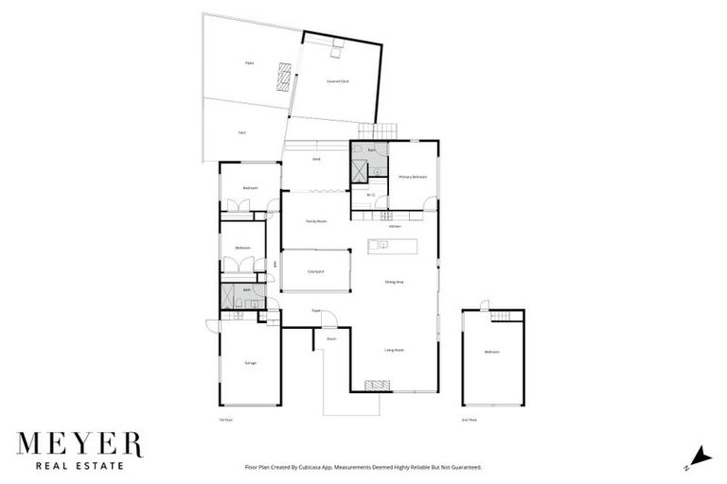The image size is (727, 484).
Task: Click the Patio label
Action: pyautogui.click(x=250, y=63)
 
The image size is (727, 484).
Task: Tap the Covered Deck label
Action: pyautogui.click(x=338, y=81)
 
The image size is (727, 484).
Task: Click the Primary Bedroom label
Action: pyautogui.click(x=413, y=177)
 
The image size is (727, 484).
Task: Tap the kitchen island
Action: pyautogui.click(x=393, y=246)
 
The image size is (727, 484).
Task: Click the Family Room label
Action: pyautogui.click(x=316, y=221)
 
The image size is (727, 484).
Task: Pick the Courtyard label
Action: pyautogui.click(x=316, y=272)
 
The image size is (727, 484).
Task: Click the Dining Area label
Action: pyautogui.click(x=395, y=282)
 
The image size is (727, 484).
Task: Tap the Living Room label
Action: pyautogui.click(x=395, y=350)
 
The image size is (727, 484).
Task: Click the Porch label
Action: pyautogui.click(x=331, y=338)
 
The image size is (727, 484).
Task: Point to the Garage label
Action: pyautogui.click(x=251, y=363)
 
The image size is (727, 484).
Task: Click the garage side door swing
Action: pyautogui.click(x=212, y=327)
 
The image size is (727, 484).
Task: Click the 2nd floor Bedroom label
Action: pyautogui.click(x=492, y=352)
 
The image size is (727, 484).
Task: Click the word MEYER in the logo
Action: pyautogui.click(x=79, y=444)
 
